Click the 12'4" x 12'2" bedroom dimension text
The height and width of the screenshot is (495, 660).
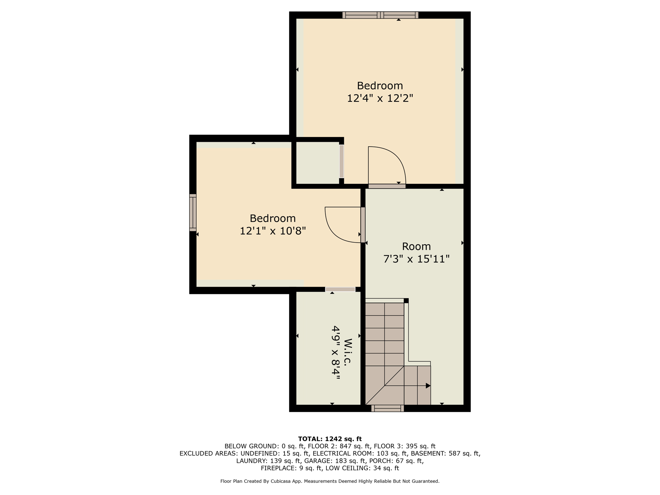(380, 98)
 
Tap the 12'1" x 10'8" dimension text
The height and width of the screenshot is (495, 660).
(273, 231)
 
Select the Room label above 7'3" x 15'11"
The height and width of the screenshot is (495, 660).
(416, 247)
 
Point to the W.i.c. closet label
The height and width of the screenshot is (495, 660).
(347, 352)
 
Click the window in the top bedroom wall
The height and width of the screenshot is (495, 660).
(380, 15)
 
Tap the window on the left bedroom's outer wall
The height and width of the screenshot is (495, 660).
(193, 213)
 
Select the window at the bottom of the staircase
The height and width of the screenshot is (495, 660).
(387, 408)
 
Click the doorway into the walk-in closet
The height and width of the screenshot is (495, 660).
(340, 289)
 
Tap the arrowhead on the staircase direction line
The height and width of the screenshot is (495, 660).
(428, 386)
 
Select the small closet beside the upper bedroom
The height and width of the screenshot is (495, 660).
(317, 163)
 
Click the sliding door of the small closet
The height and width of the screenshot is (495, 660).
(342, 161)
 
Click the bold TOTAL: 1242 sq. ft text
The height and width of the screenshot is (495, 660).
(330, 439)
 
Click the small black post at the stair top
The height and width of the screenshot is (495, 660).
(406, 301)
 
